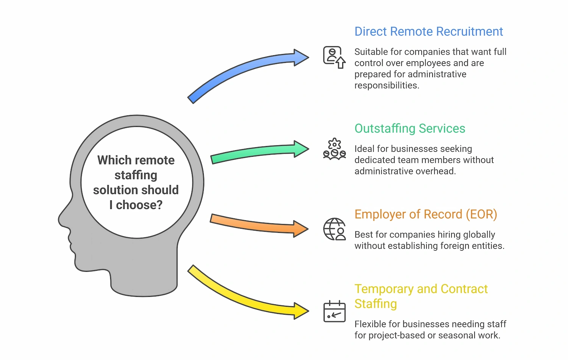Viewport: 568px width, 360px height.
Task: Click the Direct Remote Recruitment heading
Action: (428, 31)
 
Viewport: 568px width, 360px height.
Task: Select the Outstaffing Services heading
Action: (410, 129)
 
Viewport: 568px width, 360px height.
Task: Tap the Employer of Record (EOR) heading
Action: (426, 214)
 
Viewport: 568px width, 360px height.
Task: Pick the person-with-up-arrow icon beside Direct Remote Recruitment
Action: (334, 57)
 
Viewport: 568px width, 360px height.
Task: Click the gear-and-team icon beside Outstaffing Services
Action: (334, 149)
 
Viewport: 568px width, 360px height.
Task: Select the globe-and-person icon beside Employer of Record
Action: (334, 229)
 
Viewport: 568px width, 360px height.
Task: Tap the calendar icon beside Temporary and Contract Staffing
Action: (334, 311)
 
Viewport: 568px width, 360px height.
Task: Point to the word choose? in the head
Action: (139, 205)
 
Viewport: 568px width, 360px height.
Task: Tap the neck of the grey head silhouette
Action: (144, 280)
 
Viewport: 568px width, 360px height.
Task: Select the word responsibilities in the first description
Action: (386, 86)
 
